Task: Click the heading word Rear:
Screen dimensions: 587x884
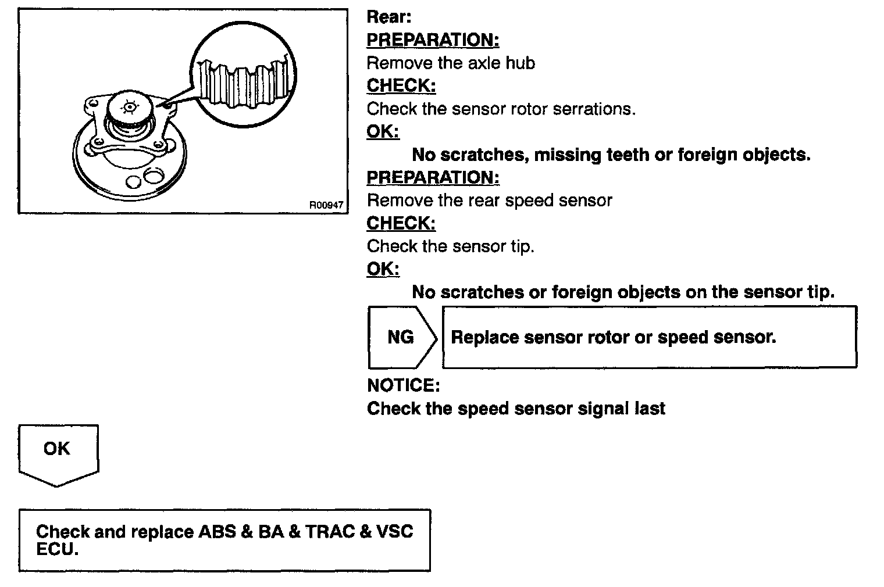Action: [x=388, y=17]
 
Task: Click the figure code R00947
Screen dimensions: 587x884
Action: [x=326, y=205]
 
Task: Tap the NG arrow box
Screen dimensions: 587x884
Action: [x=401, y=337]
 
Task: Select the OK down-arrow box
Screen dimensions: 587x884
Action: [x=58, y=453]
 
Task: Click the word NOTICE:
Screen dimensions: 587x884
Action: [x=403, y=385]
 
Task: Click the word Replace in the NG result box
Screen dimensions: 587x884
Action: [x=484, y=337]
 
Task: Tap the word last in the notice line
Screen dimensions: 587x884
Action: [x=650, y=409]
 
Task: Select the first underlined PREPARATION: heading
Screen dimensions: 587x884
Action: [x=433, y=40]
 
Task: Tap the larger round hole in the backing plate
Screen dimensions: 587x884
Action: [x=155, y=176]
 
